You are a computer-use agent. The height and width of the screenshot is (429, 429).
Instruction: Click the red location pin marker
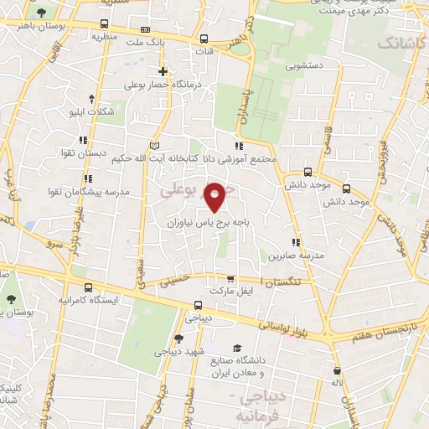coord(215,196)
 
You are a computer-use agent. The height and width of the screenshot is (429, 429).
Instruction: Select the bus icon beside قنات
coord(204,39)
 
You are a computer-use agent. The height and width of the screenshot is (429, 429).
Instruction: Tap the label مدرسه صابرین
coord(296,255)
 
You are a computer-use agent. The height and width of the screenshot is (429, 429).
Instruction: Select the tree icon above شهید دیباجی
coord(178,339)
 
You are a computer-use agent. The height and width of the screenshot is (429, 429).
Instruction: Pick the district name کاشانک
coord(401,42)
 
